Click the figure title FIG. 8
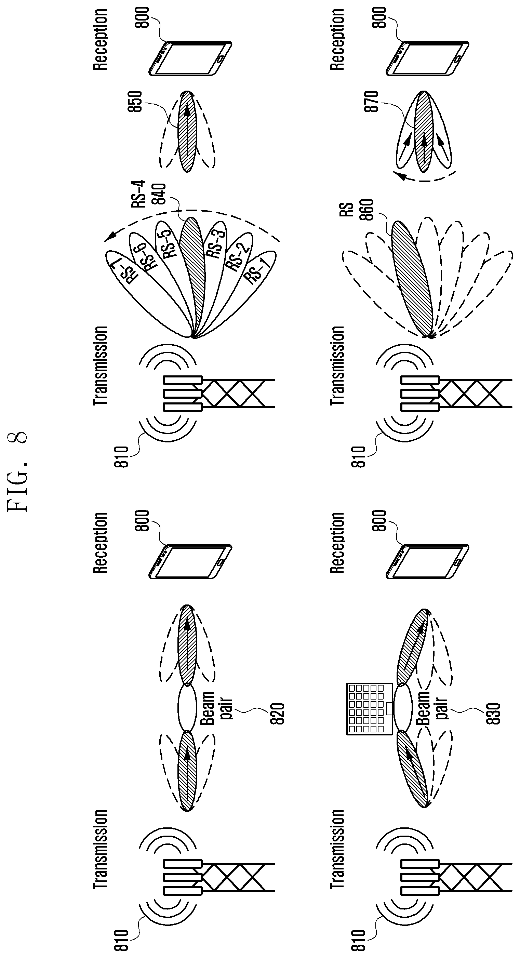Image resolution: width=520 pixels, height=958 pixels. (x=17, y=471)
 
